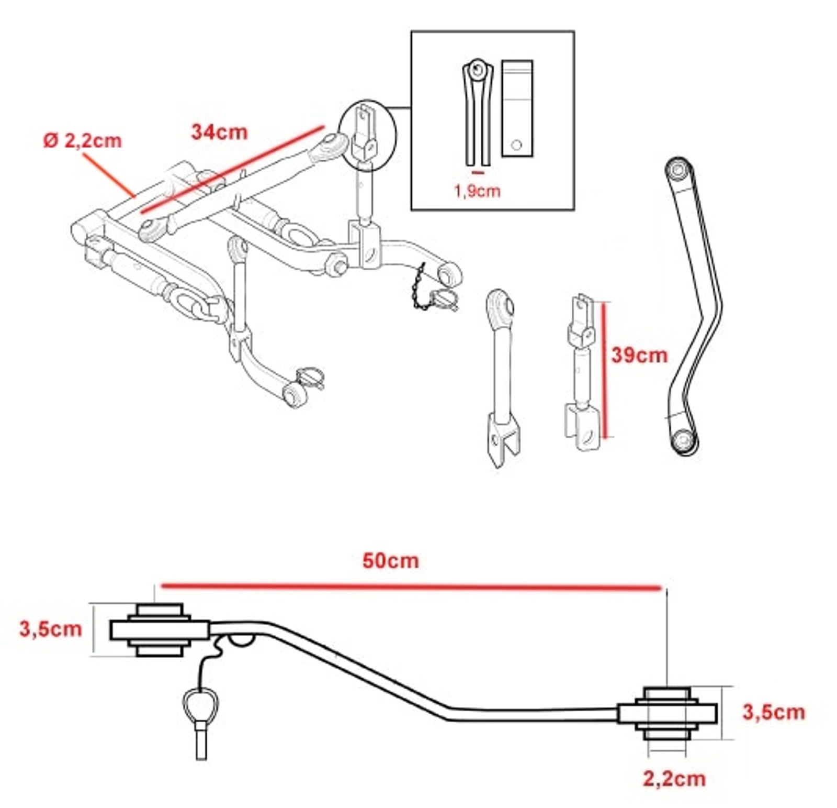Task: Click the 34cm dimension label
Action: [219, 131]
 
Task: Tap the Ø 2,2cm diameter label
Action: [82, 140]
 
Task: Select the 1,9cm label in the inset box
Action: [477, 191]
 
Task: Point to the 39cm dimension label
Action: [639, 355]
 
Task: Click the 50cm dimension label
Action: [390, 561]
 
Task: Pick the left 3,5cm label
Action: [50, 628]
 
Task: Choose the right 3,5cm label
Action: [773, 712]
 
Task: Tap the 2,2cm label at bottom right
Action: [674, 779]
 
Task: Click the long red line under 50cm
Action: [411, 587]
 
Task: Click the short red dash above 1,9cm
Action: [478, 172]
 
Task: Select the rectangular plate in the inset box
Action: [517, 108]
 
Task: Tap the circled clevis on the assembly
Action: [367, 135]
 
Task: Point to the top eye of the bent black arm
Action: [679, 170]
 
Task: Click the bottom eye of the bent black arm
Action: [683, 440]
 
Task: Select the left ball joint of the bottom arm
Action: [160, 629]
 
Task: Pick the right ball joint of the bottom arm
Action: [666, 713]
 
